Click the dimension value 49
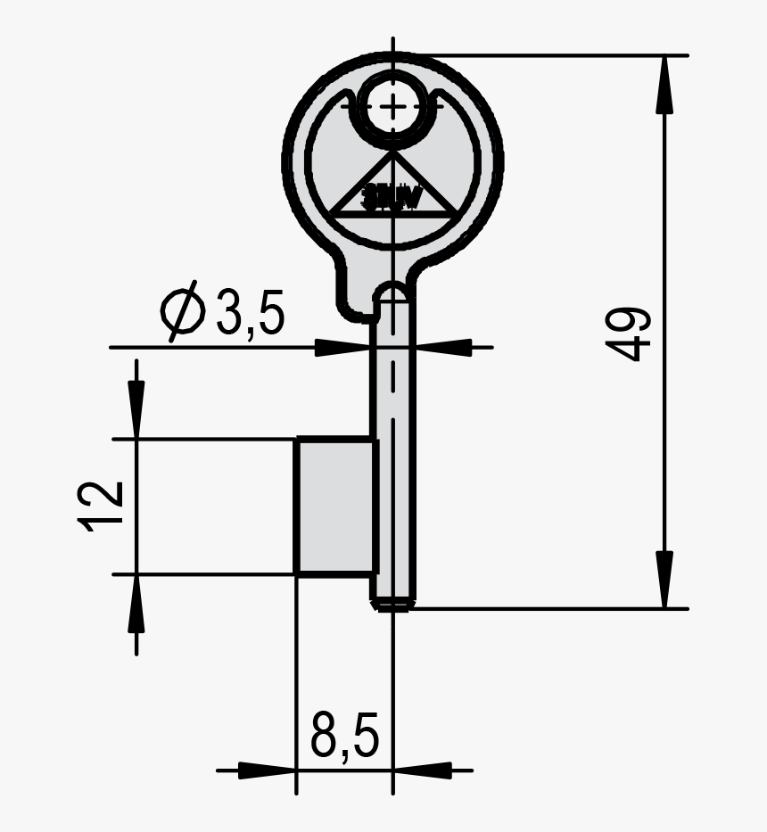(631, 335)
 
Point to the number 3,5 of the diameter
(250, 313)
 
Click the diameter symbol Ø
(183, 313)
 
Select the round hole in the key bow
(392, 106)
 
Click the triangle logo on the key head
(392, 187)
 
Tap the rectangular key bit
(334, 506)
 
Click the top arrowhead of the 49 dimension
(664, 85)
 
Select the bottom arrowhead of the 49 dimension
(664, 580)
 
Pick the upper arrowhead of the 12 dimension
(136, 410)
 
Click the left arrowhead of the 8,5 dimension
(268, 769)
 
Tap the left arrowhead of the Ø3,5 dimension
(343, 347)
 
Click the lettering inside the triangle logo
(392, 199)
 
